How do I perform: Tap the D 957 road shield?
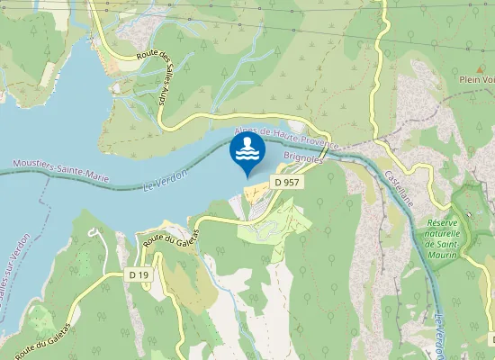tap(286, 182)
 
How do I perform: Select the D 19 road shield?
tap(138, 274)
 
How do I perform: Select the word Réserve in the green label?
tap(443, 222)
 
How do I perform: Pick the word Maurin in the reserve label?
tap(445, 255)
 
